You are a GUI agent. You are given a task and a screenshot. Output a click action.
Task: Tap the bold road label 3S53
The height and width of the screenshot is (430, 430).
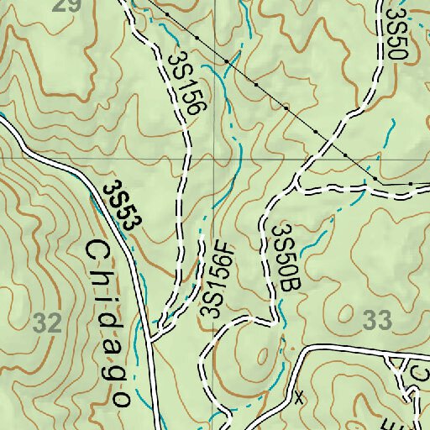click(x=123, y=204)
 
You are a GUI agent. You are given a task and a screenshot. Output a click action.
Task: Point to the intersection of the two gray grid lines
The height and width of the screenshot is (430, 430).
click(x=214, y=158)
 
